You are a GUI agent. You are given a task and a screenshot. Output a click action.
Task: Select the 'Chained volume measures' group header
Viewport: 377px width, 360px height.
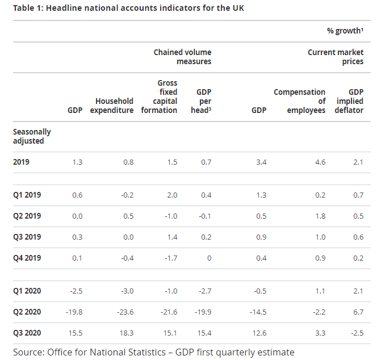click(182, 57)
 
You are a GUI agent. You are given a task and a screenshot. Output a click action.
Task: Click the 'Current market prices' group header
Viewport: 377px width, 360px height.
click(335, 57)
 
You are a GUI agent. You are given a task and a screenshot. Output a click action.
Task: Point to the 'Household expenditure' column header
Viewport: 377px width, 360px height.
click(112, 106)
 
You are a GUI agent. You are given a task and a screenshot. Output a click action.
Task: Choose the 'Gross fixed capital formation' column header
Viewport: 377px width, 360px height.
click(159, 97)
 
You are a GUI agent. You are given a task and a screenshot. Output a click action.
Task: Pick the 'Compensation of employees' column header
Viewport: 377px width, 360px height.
click(299, 101)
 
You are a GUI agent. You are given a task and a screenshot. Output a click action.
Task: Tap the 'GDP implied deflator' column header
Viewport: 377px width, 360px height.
click(347, 101)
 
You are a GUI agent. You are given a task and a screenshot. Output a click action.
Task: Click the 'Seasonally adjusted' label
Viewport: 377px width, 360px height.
click(32, 136)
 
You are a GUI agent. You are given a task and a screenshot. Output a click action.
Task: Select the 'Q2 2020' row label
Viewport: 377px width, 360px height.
click(27, 312)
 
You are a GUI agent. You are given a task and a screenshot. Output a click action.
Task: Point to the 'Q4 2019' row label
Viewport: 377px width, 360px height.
click(27, 258)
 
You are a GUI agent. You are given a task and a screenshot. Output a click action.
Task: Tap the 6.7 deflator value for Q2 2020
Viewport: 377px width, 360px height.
click(357, 312)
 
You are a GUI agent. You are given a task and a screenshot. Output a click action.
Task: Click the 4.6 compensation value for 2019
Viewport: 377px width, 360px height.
click(320, 162)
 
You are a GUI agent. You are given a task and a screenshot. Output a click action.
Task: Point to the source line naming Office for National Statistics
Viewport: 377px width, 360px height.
click(153, 352)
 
